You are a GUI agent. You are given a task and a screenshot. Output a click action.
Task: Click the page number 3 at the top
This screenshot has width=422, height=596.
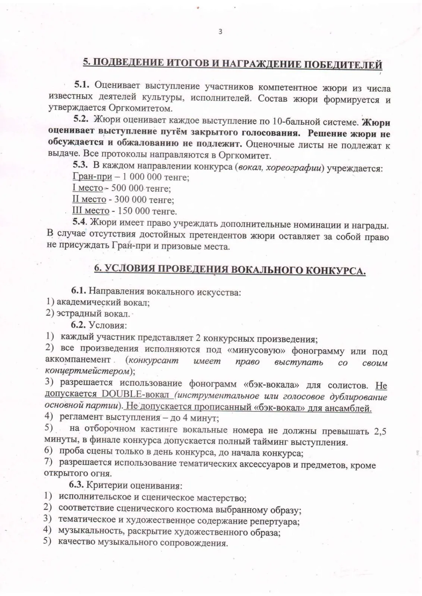pos(220,32)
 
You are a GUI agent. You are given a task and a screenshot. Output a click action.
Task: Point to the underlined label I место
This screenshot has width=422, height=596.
pos(88,188)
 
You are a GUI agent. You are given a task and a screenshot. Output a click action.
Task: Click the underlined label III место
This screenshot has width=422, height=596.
pos(91,211)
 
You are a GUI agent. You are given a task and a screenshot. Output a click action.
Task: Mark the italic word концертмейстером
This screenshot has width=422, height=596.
pos(88,371)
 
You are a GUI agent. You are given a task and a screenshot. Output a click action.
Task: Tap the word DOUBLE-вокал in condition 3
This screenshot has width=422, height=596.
pos(135,394)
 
